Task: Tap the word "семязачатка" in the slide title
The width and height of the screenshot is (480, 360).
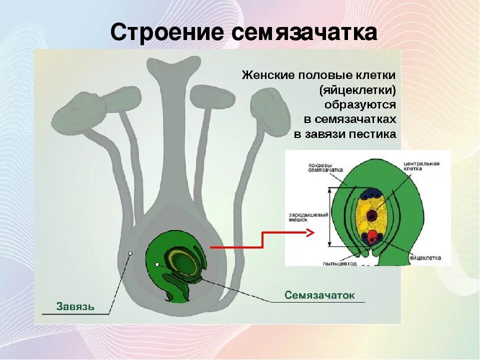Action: click(304, 33)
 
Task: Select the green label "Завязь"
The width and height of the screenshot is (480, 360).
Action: click(75, 305)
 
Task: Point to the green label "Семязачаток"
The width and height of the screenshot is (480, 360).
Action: click(319, 295)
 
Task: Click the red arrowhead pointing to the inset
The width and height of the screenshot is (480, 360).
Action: click(309, 232)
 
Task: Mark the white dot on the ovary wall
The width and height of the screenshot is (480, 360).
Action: click(130, 253)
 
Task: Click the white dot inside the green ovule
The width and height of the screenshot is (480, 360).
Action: click(157, 264)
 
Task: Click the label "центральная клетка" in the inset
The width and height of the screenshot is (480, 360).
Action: click(422, 166)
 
